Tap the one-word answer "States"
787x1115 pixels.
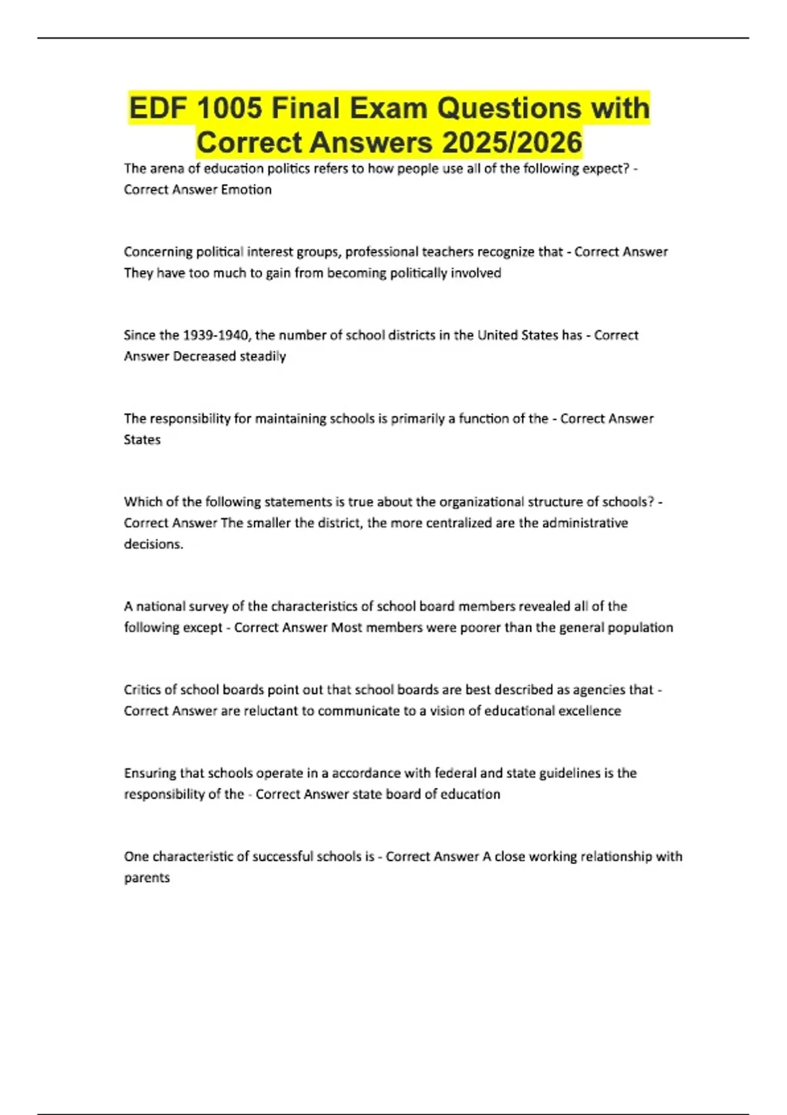coord(142,439)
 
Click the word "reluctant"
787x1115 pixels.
coord(271,710)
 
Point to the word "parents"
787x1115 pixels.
coord(147,878)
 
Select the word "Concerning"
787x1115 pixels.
coord(158,252)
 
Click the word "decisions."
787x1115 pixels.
coord(153,544)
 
